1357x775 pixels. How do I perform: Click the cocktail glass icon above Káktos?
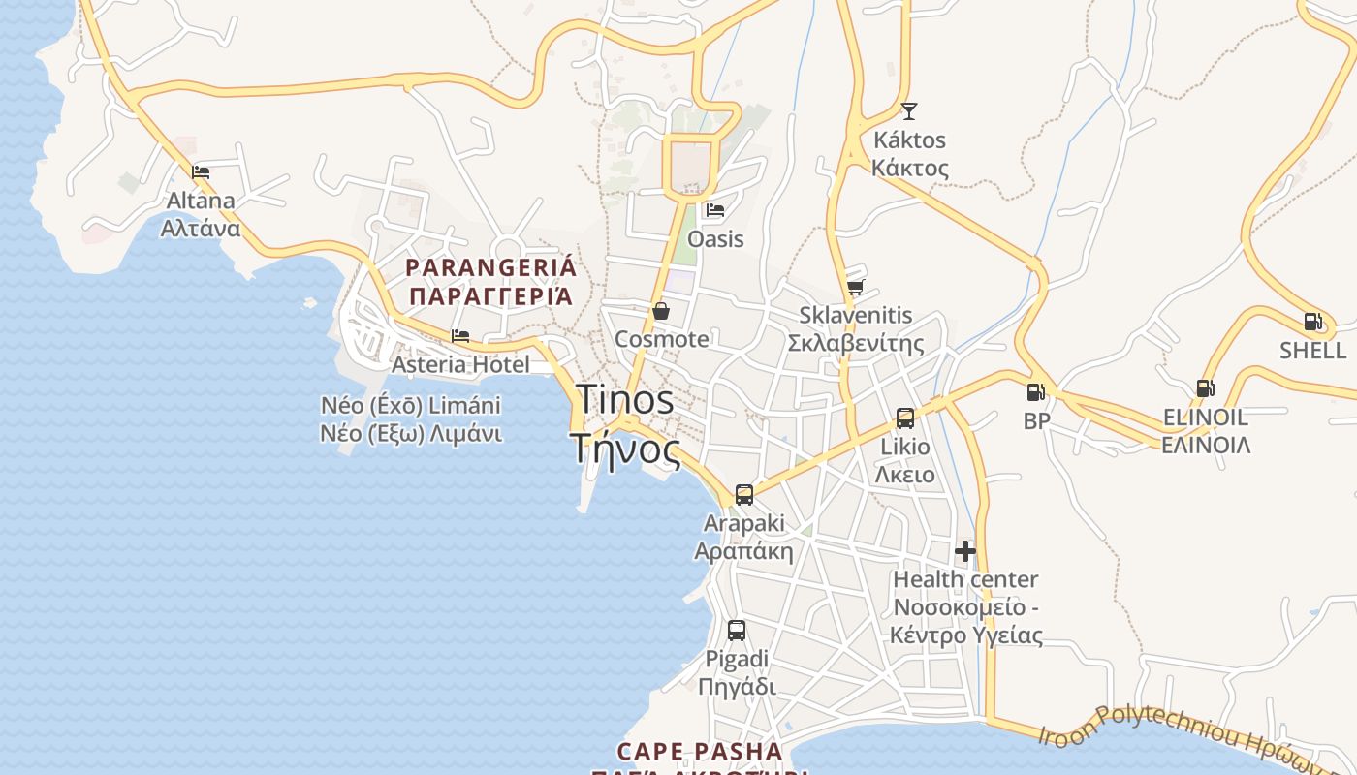pyautogui.click(x=908, y=111)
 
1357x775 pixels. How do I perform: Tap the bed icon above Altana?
pyautogui.click(x=201, y=172)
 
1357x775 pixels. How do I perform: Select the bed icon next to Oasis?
pyautogui.click(x=715, y=209)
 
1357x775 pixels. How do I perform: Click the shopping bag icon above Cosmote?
pyautogui.click(x=661, y=311)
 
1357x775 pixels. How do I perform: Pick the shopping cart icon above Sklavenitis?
pyautogui.click(x=855, y=287)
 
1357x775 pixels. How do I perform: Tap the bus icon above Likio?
pyautogui.click(x=904, y=418)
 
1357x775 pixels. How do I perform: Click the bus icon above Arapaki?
pyautogui.click(x=743, y=495)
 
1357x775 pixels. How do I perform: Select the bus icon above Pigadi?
pyautogui.click(x=737, y=631)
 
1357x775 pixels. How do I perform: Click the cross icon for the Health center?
pyautogui.click(x=965, y=551)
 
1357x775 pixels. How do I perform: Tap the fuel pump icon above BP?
pyautogui.click(x=1036, y=392)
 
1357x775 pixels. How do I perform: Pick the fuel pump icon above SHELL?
pyautogui.click(x=1312, y=322)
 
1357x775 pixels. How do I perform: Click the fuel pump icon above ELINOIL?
pyautogui.click(x=1205, y=388)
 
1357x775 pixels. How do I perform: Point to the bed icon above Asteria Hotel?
pyautogui.click(x=460, y=336)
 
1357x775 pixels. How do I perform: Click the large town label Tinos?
pyautogui.click(x=625, y=399)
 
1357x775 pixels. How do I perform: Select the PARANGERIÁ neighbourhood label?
pyautogui.click(x=490, y=267)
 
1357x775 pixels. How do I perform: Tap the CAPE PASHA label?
pyautogui.click(x=699, y=752)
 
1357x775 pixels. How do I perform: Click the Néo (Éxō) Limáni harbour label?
pyautogui.click(x=411, y=405)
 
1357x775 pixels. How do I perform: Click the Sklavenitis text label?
pyautogui.click(x=856, y=315)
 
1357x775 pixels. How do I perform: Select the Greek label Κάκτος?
pyautogui.click(x=909, y=168)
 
